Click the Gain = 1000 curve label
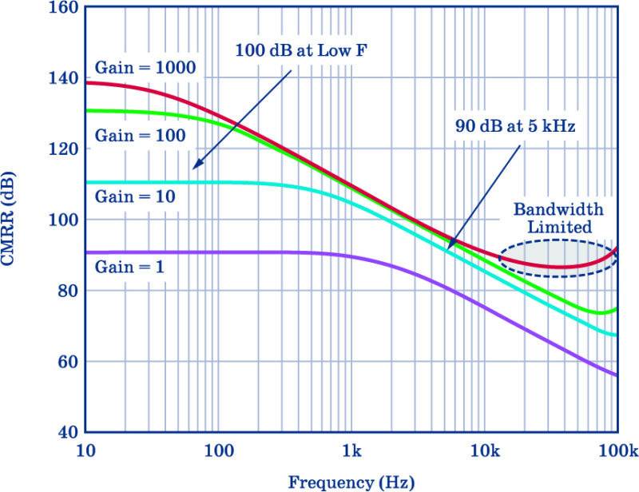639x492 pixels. point(145,67)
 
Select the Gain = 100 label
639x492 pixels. point(141,135)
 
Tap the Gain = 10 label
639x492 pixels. point(135,196)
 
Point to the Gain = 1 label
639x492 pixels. point(129,267)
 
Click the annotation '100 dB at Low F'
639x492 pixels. point(301,50)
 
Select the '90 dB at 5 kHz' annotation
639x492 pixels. point(515,126)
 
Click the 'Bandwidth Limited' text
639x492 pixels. point(558,218)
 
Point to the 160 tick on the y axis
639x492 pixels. point(63,7)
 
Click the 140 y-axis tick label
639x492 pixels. point(63,77)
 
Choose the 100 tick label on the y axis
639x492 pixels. point(63,220)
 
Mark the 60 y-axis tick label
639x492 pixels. point(68,362)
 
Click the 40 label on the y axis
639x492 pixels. point(68,432)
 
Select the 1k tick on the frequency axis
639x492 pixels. point(351,451)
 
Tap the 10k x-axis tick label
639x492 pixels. point(485,451)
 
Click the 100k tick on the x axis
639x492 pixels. point(618,451)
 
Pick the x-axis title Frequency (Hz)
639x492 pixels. point(351,482)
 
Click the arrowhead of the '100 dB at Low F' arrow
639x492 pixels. point(193,168)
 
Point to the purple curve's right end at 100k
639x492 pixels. point(617,375)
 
